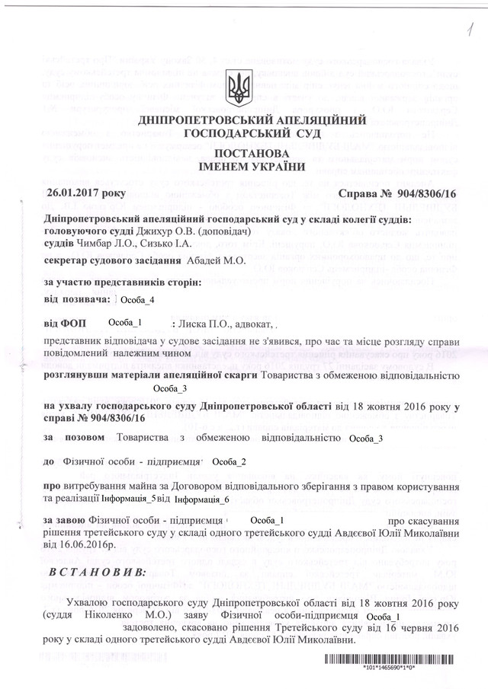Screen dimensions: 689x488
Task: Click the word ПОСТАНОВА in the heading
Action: (x=244, y=152)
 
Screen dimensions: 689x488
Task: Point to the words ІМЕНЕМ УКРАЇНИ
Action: (x=244, y=166)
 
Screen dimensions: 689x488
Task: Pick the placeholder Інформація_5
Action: (x=128, y=499)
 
